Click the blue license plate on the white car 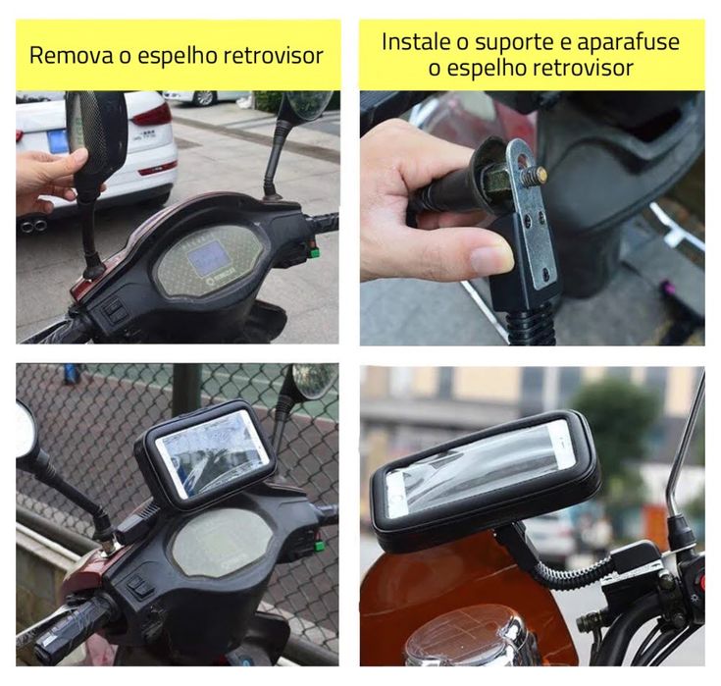coord(57,139)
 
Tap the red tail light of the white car coord(153,115)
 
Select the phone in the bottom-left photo coord(213,451)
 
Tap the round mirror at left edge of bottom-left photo coord(26,430)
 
